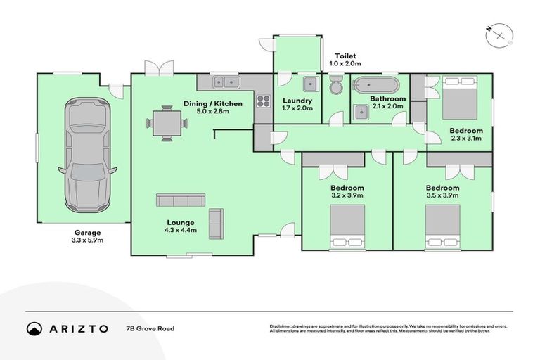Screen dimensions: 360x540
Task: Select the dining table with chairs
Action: click(167, 122)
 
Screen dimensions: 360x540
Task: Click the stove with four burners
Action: click(263, 101)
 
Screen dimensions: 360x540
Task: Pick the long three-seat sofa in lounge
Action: click(180, 201)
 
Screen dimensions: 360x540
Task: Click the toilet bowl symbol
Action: click(336, 86)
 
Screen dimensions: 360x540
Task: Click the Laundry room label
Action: click(297, 100)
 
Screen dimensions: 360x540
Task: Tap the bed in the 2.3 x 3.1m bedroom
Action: click(460, 101)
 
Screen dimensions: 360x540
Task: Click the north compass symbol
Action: click(500, 33)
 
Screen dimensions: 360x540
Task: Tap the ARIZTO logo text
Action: click(79, 328)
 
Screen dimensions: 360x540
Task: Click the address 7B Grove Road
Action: click(149, 328)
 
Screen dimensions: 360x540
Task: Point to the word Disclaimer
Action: click(283, 326)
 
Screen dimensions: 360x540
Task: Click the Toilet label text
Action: click(345, 56)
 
